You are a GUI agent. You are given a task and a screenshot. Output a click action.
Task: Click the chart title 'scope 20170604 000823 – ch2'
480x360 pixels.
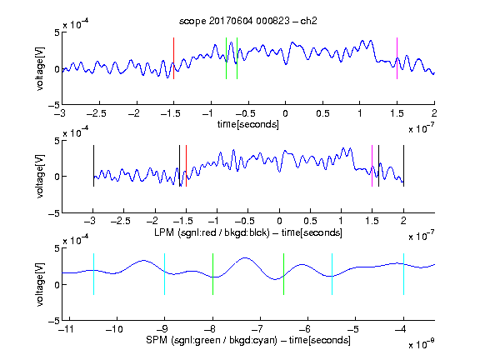point(247,21)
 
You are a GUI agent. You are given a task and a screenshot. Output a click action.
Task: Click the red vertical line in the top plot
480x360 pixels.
point(173,58)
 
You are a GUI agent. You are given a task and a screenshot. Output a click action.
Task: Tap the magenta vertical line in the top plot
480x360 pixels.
point(397,58)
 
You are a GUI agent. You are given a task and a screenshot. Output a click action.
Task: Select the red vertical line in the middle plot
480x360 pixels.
point(186,166)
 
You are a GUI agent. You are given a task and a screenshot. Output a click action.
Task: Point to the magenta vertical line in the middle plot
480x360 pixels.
point(372,166)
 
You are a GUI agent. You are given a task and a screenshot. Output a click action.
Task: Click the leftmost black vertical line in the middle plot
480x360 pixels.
point(93,166)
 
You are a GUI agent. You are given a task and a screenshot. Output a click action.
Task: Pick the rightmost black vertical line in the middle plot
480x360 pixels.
point(403,166)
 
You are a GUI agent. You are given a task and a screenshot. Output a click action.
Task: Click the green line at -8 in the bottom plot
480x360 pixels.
point(212,274)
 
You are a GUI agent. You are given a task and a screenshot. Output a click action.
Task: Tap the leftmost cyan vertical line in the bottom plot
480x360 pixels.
point(93,274)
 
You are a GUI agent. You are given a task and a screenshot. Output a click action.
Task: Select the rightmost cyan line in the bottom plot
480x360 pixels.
point(403,274)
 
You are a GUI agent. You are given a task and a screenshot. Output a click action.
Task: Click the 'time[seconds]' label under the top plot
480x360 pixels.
point(248,124)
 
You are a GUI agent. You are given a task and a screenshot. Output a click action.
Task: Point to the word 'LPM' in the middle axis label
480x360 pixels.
point(164,232)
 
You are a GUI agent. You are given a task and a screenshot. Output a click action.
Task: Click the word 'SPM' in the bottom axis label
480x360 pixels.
point(157,340)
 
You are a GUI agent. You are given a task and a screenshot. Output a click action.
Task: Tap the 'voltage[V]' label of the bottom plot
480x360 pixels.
point(40,284)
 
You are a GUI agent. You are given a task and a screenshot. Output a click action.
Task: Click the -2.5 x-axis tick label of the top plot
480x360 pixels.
point(97,113)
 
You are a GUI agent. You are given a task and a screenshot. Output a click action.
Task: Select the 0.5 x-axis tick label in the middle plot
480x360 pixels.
point(310,221)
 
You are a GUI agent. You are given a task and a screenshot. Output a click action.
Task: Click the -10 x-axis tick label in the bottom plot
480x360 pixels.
point(114,329)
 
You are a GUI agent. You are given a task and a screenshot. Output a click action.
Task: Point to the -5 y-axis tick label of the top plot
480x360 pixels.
point(54,106)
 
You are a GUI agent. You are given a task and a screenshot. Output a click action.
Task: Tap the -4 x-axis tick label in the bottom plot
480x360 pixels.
point(400,329)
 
